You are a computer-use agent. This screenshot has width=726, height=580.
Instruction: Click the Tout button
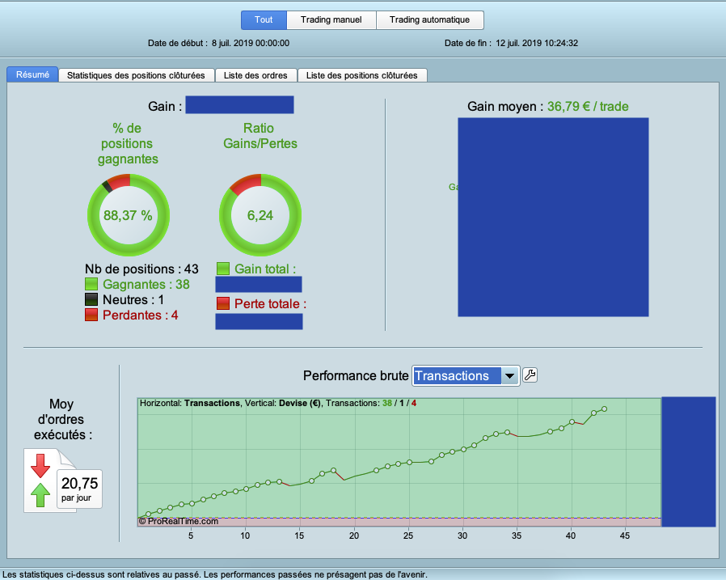pyautogui.click(x=263, y=19)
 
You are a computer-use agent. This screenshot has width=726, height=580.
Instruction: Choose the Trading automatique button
pyautogui.click(x=429, y=19)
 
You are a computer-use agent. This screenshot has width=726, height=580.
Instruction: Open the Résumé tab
pyautogui.click(x=32, y=74)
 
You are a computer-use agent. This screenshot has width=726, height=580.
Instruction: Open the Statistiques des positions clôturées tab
pyautogui.click(x=137, y=75)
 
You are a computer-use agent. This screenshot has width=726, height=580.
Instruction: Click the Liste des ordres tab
pyautogui.click(x=256, y=75)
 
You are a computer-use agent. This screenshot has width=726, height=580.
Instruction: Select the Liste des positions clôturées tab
pyautogui.click(x=362, y=75)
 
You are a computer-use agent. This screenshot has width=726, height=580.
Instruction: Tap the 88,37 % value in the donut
pyautogui.click(x=128, y=215)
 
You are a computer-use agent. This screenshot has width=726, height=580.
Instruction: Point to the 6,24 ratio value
pyautogui.click(x=260, y=215)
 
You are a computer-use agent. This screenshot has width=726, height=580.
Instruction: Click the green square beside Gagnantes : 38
pyautogui.click(x=91, y=284)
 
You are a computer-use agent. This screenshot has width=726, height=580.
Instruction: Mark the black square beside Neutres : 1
pyautogui.click(x=91, y=299)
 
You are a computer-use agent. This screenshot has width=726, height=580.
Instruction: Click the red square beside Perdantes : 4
pyautogui.click(x=91, y=315)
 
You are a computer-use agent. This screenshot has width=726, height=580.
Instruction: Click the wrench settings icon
pyautogui.click(x=530, y=375)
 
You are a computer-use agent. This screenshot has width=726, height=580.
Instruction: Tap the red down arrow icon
pyautogui.click(x=40, y=465)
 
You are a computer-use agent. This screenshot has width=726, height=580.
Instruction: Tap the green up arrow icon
pyautogui.click(x=40, y=493)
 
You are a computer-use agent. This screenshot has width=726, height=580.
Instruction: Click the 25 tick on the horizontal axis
pyautogui.click(x=408, y=536)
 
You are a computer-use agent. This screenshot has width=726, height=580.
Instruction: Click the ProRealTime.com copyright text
pyautogui.click(x=179, y=521)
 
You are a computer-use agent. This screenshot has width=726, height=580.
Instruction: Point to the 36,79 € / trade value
pyautogui.click(x=588, y=106)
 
